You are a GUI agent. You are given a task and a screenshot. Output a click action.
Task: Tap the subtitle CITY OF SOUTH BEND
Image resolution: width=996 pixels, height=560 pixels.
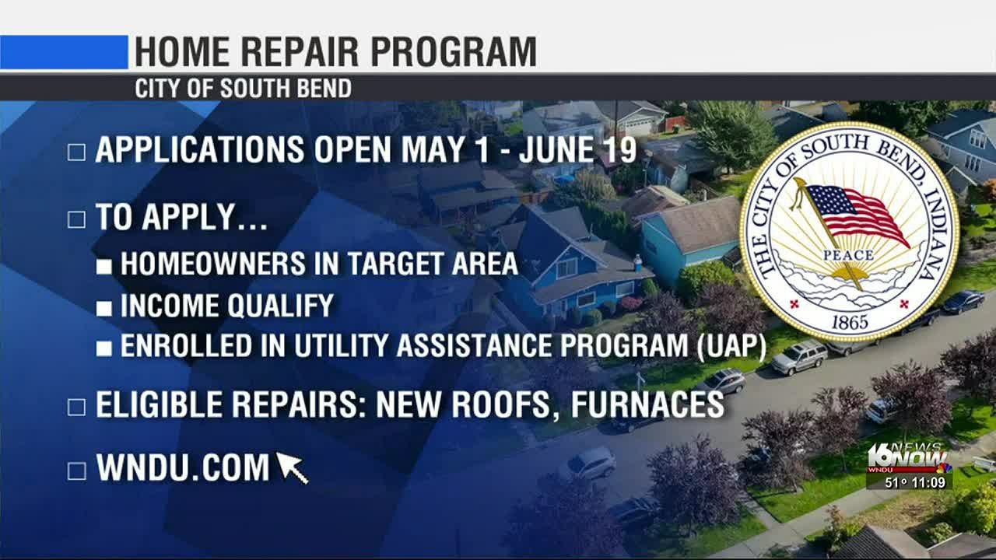pyautogui.click(x=243, y=89)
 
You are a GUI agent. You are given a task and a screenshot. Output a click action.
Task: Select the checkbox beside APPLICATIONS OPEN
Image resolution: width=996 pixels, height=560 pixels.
pyautogui.click(x=76, y=152)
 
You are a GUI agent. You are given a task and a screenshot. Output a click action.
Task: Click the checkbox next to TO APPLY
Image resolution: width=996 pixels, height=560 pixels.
pyautogui.click(x=76, y=219)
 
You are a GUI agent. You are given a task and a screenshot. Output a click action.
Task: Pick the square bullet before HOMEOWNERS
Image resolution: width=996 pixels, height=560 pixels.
pyautogui.click(x=103, y=265)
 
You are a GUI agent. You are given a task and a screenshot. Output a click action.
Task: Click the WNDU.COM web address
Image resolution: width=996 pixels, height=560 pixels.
pyautogui.click(x=182, y=468)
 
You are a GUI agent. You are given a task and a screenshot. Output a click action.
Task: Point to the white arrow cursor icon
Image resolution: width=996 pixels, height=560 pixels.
pyautogui.click(x=292, y=468)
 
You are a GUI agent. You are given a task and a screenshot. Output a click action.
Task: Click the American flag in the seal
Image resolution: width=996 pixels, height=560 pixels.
pyautogui.click(x=854, y=212)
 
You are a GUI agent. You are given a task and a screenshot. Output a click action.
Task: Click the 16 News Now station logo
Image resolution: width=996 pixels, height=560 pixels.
pyautogui.click(x=908, y=459)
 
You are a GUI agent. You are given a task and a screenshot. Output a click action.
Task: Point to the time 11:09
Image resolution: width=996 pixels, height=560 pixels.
pyautogui.click(x=929, y=483)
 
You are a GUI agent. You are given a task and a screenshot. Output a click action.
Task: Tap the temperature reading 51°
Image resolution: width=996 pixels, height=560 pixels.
pyautogui.click(x=896, y=483)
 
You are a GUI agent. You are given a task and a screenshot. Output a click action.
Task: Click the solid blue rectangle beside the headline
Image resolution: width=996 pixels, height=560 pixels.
pyautogui.click(x=64, y=52)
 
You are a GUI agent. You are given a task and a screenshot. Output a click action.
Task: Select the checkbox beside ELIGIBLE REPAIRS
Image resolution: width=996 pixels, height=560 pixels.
pyautogui.click(x=76, y=406)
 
